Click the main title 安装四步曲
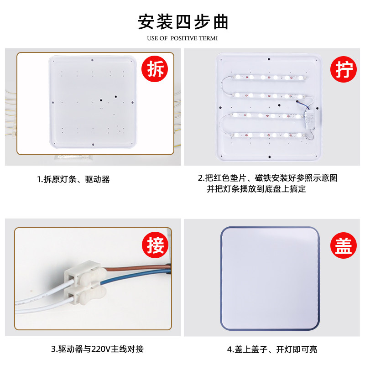click(x=182, y=21)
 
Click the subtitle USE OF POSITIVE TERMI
click(x=182, y=38)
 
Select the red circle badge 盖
click(x=342, y=246)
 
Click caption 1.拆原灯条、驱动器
click(x=73, y=179)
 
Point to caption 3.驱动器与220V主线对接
click(x=97, y=349)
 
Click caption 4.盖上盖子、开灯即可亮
click(x=272, y=349)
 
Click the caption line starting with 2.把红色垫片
click(x=267, y=178)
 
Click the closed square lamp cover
click(x=271, y=278)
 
